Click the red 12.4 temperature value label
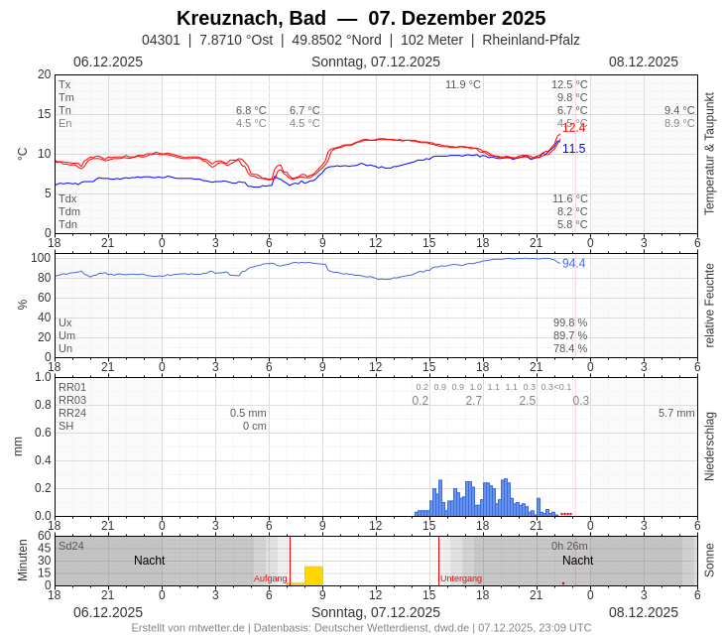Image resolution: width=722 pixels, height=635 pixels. (573, 128)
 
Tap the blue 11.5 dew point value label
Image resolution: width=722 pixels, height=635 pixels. (573, 149)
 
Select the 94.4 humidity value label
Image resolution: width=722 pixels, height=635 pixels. (573, 264)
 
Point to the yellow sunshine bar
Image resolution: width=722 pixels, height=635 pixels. (313, 575)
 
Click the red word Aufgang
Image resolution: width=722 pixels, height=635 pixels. (270, 578)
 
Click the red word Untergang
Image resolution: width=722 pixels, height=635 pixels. (461, 578)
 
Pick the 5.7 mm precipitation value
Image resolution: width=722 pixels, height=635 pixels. (676, 413)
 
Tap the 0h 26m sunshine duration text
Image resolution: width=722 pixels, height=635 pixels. (569, 546)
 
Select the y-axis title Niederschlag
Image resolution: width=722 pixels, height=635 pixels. (709, 446)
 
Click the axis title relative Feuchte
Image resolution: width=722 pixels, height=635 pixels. (709, 305)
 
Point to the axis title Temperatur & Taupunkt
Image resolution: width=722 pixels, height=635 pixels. (709, 154)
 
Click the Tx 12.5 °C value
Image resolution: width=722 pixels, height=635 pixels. (569, 84)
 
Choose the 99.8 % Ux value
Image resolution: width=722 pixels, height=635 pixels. (570, 322)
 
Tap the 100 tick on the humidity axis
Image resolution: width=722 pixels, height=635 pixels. (40, 258)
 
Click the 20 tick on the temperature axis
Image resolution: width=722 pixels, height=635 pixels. (44, 74)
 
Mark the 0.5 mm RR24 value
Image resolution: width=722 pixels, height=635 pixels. (248, 413)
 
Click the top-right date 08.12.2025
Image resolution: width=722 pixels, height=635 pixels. (644, 62)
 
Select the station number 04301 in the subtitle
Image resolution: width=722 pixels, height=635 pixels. (161, 40)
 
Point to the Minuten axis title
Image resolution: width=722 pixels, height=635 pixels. (22, 561)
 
